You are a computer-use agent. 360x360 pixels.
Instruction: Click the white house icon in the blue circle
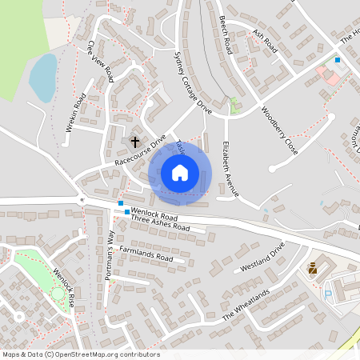pyautogui.click(x=180, y=172)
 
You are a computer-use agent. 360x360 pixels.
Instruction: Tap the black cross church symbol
pyautogui.click(x=134, y=141)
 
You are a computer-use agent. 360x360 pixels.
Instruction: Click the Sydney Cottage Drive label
pyautogui.click(x=192, y=83)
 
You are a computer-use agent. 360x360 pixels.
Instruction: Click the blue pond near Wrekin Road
pyautogui.click(x=42, y=74)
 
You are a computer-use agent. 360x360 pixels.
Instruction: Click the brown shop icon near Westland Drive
pyautogui.click(x=312, y=270)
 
